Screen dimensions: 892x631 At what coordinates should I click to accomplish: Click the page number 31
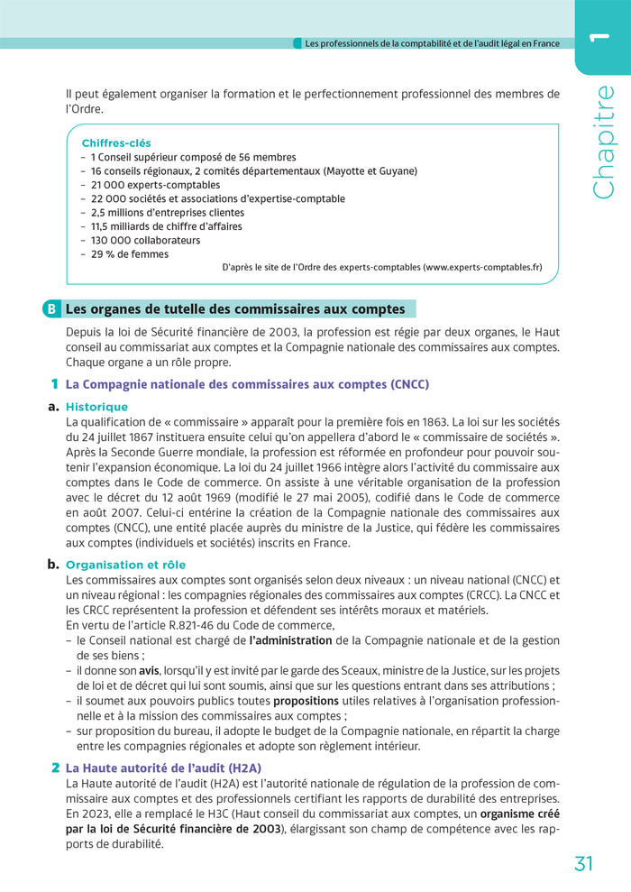point(583,863)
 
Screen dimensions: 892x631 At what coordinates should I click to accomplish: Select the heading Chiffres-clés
point(116,143)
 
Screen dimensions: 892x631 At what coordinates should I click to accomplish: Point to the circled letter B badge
point(50,309)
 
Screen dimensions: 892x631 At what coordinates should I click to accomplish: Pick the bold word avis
point(149,671)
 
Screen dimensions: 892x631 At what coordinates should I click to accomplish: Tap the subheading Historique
point(96,407)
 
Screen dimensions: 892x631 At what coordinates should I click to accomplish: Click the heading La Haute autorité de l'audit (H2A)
point(164,768)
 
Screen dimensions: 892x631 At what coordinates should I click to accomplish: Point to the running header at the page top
point(433,42)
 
